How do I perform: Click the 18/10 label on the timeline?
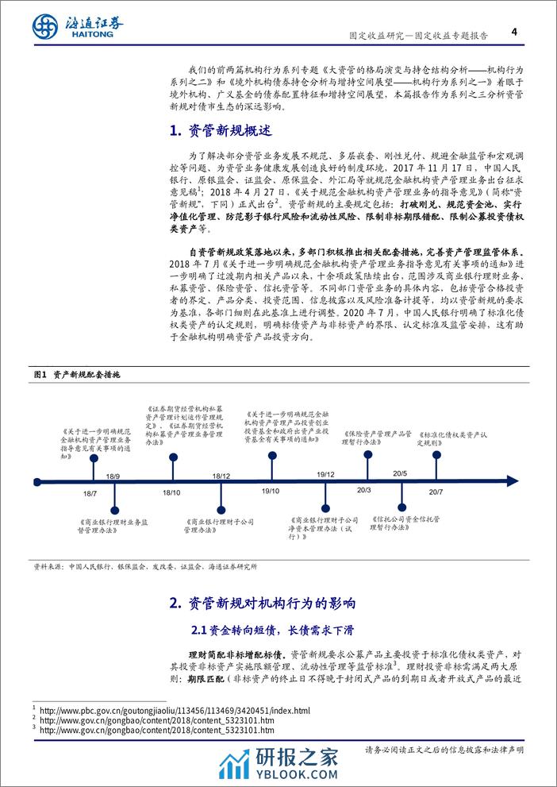tap(171, 493)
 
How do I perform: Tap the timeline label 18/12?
tap(221, 475)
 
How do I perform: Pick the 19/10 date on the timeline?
tap(271, 493)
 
